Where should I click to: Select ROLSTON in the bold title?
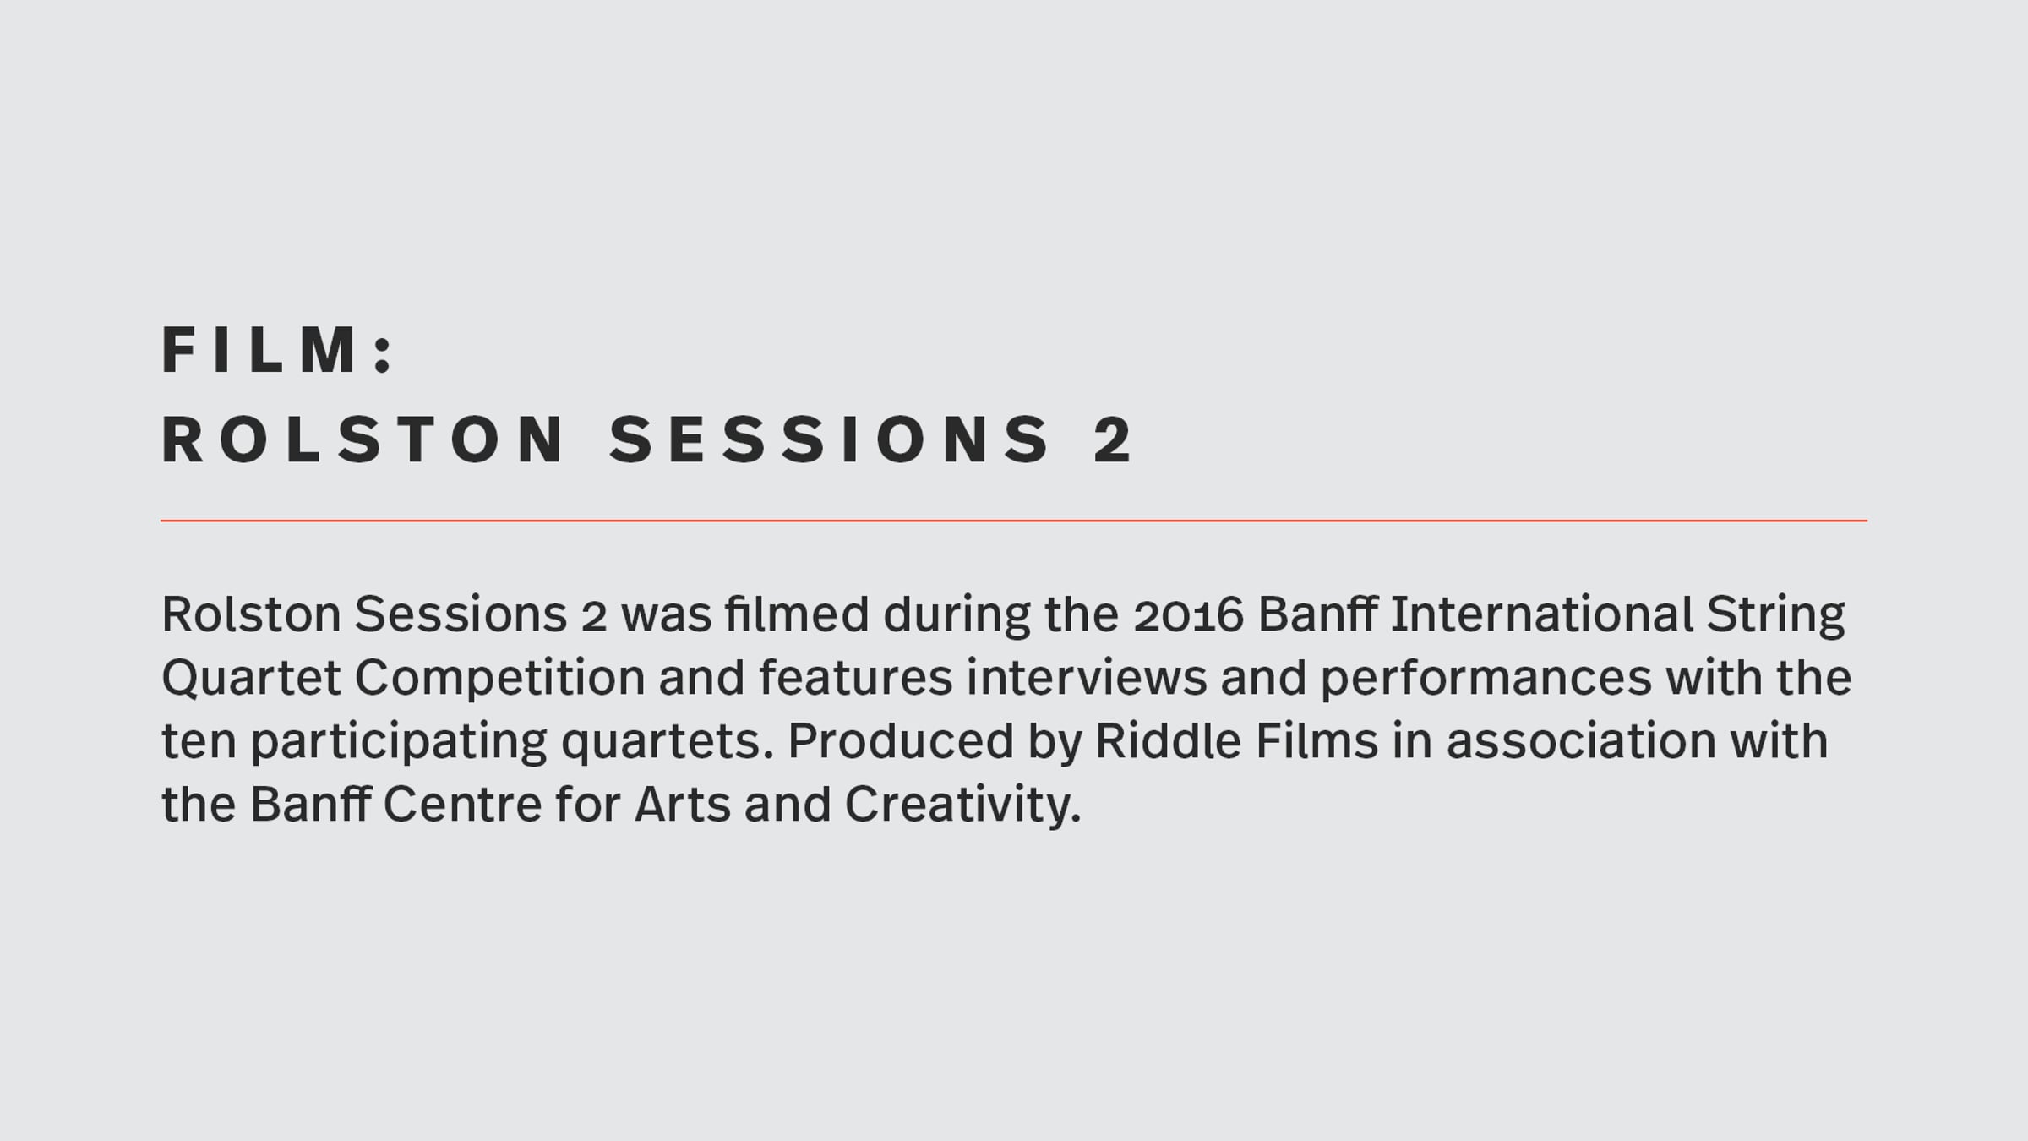click(363, 439)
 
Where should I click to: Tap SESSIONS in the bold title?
click(829, 439)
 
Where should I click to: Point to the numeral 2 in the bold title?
click(1113, 439)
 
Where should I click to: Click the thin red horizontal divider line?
click(1014, 521)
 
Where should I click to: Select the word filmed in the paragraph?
click(797, 614)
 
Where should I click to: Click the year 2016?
click(1188, 614)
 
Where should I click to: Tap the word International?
click(1541, 614)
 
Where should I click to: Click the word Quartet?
click(251, 679)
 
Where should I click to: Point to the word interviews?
click(1087, 677)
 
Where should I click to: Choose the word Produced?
click(901, 740)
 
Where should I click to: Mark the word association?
click(1581, 740)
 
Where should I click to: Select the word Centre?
click(462, 804)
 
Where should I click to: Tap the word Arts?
click(683, 804)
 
